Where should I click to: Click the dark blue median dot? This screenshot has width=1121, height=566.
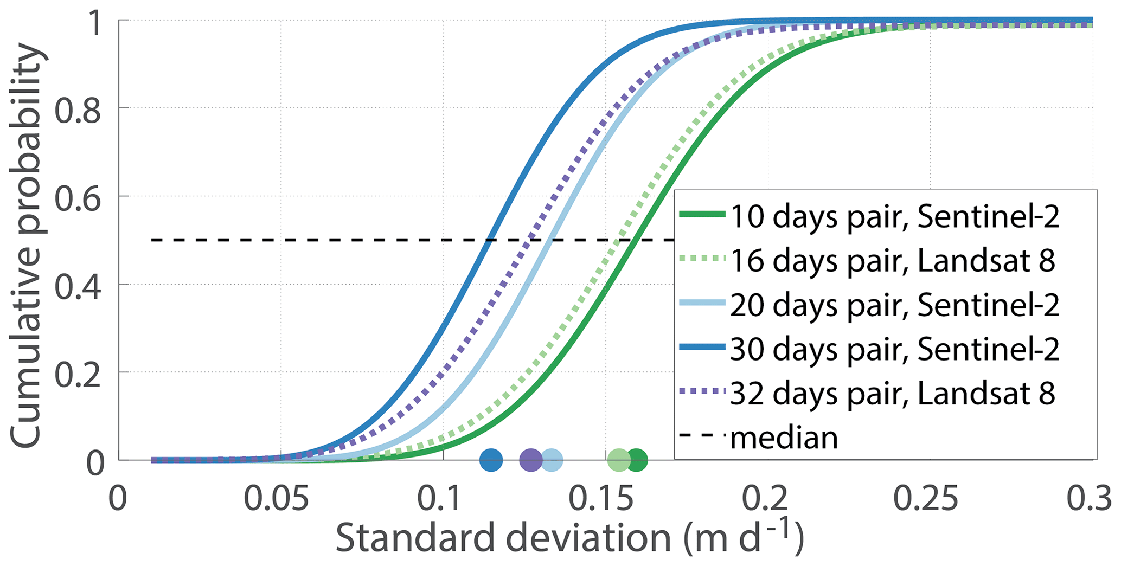coord(491,460)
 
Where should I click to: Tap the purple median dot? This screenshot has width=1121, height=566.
coord(531,460)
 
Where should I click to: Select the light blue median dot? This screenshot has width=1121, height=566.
coord(552,460)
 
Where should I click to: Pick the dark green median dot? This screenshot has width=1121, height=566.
coord(637,460)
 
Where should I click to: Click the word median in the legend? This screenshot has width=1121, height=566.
coord(784,438)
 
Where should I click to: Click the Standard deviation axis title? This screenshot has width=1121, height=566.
coord(569,539)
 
